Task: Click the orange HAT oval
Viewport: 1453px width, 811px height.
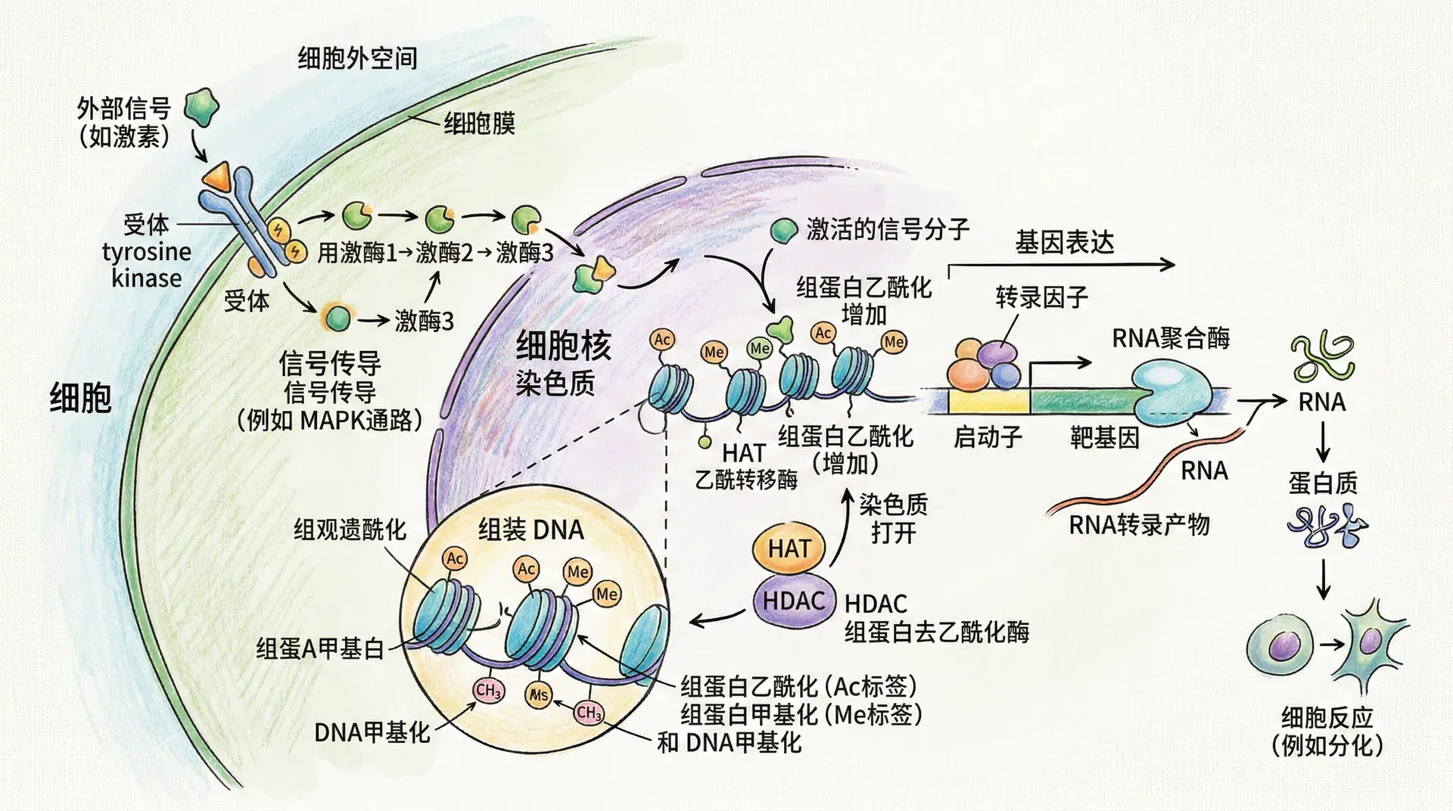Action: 789,548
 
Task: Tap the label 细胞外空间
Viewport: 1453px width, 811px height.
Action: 357,58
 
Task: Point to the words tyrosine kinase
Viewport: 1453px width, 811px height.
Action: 147,265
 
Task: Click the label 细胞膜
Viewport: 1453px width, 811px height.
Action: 479,123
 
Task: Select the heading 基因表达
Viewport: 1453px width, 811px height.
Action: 1064,243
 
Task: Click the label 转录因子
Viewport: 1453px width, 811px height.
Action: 1041,297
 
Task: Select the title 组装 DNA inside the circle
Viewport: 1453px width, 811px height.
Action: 531,530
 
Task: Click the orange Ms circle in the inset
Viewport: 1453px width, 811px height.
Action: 538,694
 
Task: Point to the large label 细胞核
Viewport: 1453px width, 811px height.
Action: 563,347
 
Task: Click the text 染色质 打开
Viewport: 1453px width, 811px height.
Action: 893,519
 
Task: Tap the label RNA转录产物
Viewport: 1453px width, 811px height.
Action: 1139,524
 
